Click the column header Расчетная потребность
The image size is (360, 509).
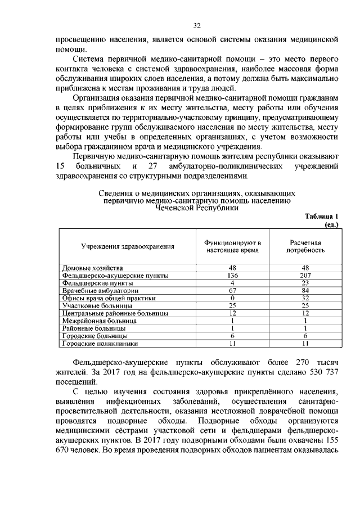coord(305,246)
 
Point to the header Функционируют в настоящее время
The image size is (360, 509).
coord(232,246)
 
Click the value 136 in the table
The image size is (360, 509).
coord(232,276)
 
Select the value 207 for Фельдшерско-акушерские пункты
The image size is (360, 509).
coord(305,276)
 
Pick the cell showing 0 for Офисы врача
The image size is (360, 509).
coord(232,298)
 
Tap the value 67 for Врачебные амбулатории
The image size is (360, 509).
coord(232,290)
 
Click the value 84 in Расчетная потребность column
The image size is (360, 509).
coord(305,290)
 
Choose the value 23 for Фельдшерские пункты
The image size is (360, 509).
coord(305,283)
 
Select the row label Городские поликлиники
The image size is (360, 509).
coord(100,342)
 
